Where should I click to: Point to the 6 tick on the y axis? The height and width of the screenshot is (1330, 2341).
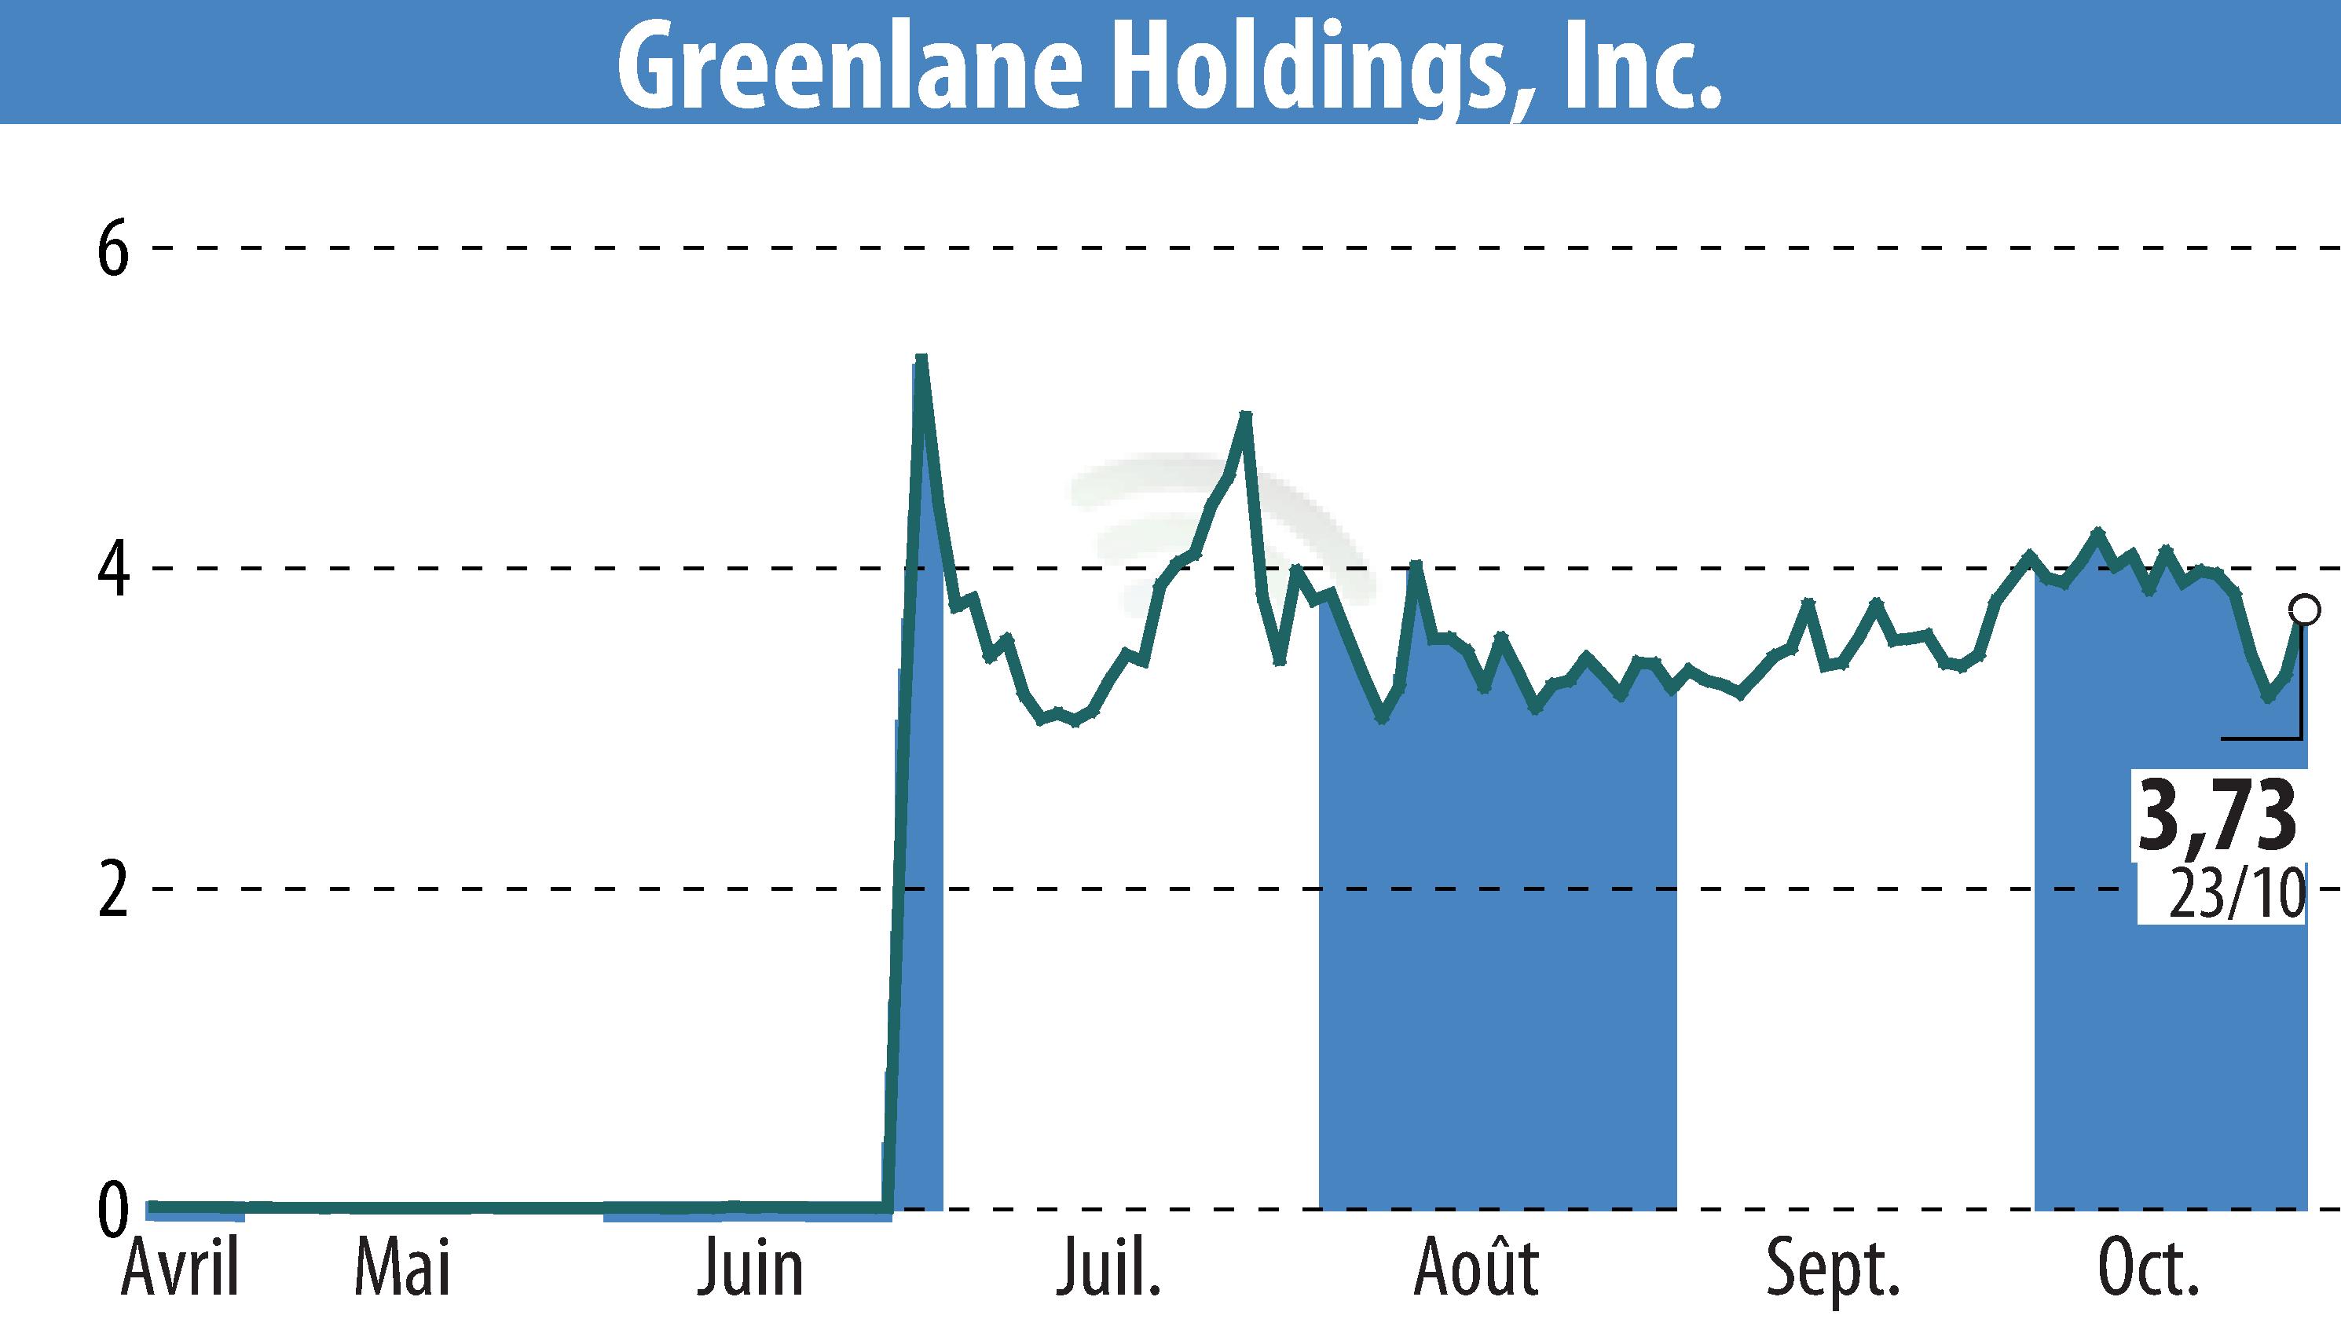point(113,248)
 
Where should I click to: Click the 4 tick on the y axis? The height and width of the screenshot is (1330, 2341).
point(113,568)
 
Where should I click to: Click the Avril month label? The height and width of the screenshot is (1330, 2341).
point(180,1267)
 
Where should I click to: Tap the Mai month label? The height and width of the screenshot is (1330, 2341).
point(403,1267)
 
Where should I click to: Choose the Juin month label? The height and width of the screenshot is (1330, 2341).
point(750,1267)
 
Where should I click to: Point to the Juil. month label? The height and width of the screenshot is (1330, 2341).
point(1108,1267)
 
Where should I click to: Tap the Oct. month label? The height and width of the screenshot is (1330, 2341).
point(2148,1267)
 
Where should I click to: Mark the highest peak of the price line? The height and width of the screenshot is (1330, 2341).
point(921,357)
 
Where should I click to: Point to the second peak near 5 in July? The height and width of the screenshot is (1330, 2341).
point(1245,415)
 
